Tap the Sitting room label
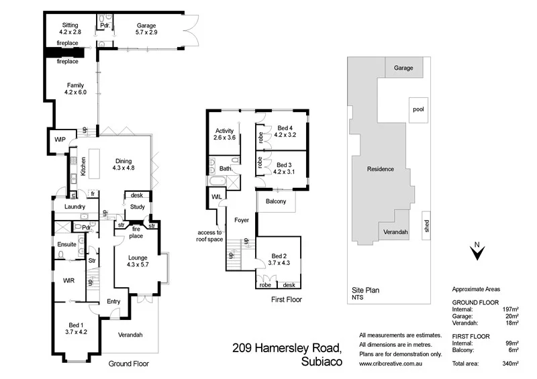(70, 25)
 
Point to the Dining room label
(124, 160)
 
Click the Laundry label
(75, 207)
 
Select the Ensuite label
(66, 244)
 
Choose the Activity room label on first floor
(224, 131)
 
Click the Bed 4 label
(285, 127)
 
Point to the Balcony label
(276, 201)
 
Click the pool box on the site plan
(419, 109)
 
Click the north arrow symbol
(476, 252)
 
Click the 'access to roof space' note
(209, 235)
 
